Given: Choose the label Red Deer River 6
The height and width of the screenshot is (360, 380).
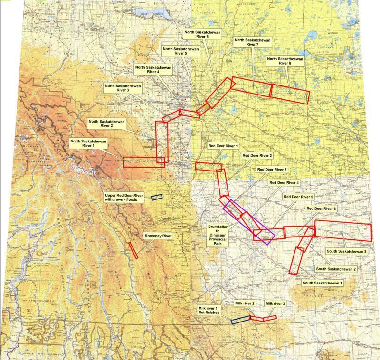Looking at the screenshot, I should (321, 208).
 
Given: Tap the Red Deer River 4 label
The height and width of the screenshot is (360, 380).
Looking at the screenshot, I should (284, 182).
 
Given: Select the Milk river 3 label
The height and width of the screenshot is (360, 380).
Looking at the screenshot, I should (275, 303).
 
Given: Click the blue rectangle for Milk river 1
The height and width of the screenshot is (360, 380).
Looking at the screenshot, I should (241, 320).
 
